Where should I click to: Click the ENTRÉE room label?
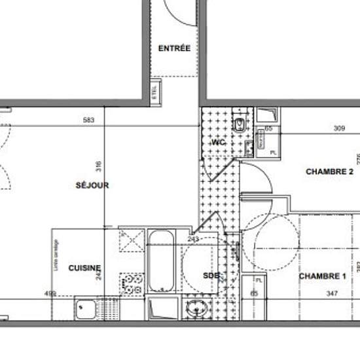(174, 48)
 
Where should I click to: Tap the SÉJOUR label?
(92, 185)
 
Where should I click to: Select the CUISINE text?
(85, 268)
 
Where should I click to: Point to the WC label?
(218, 143)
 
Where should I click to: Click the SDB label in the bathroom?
(211, 275)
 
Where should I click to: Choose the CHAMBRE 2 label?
(325, 171)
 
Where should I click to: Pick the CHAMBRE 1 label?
(322, 276)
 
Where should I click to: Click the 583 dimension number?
(89, 119)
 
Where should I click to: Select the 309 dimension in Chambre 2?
(339, 129)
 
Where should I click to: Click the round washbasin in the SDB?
(194, 309)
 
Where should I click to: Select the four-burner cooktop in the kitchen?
(134, 283)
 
